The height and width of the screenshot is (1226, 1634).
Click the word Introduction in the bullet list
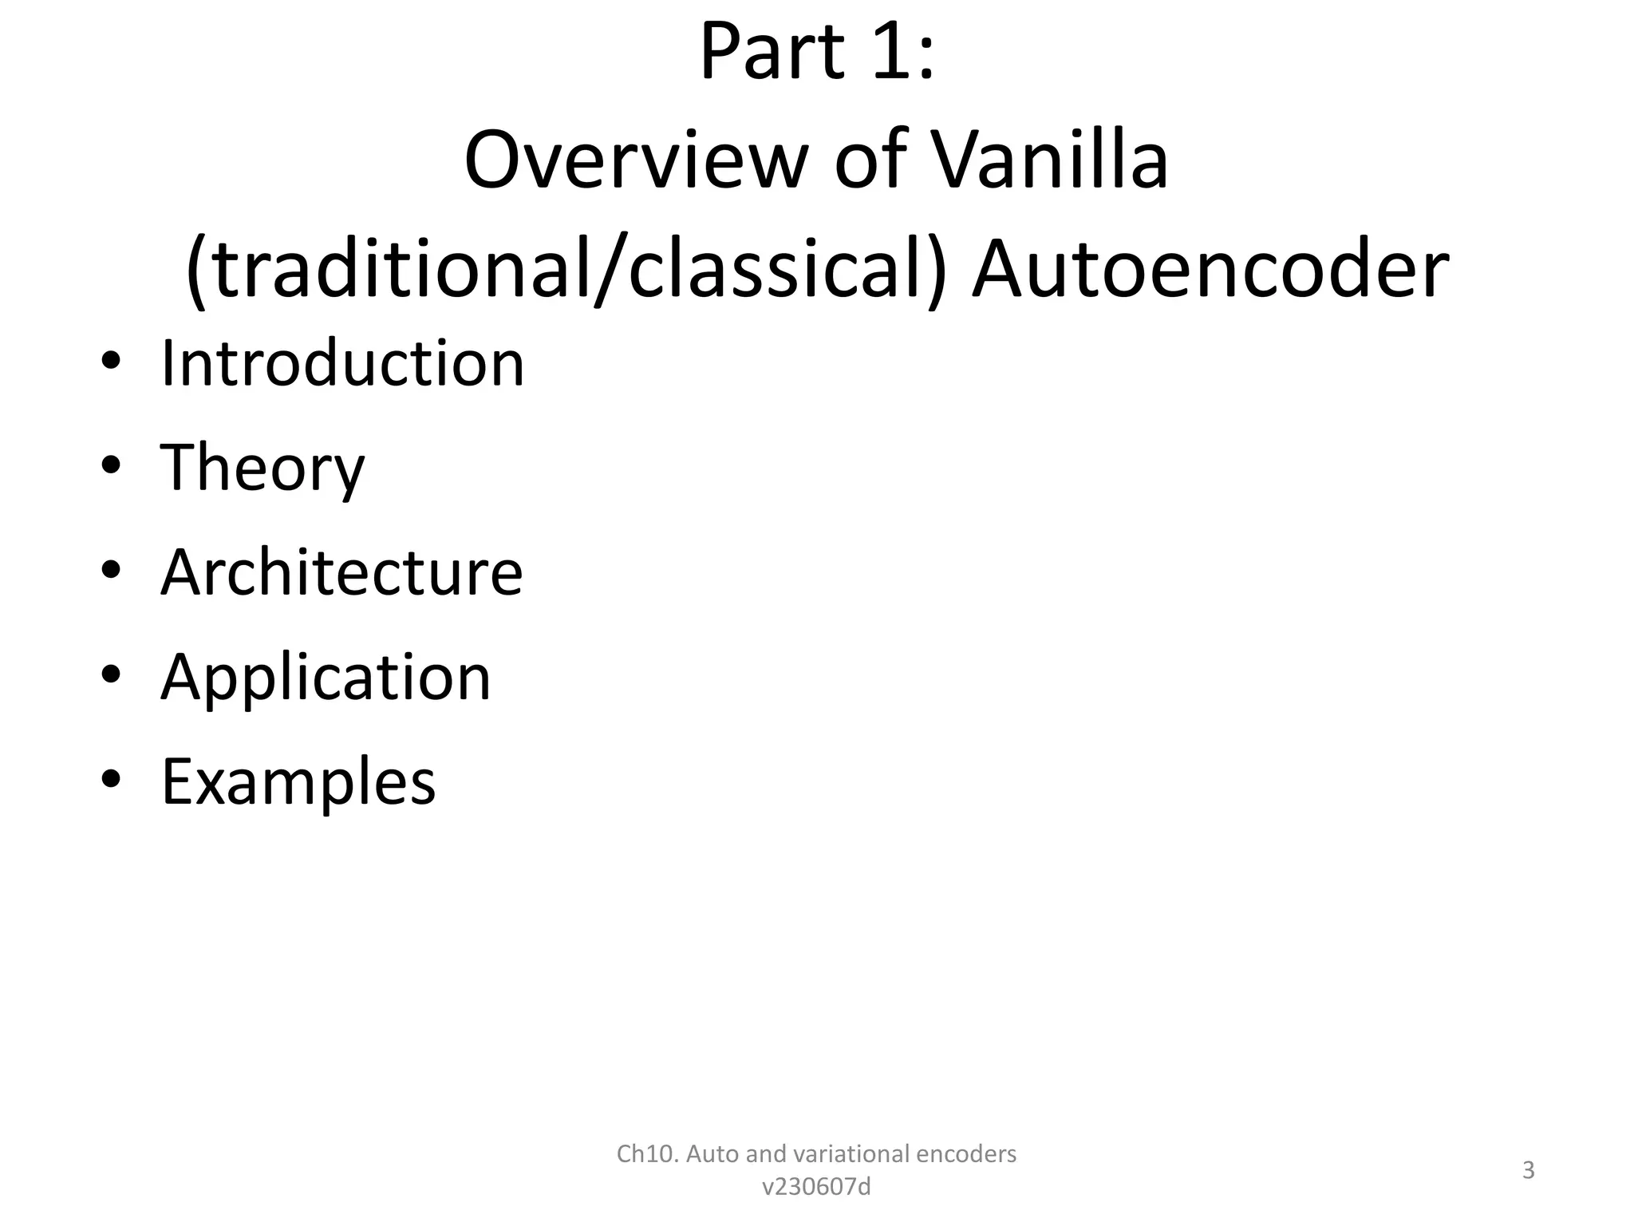pos(342,364)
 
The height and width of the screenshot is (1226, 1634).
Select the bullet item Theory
pos(262,469)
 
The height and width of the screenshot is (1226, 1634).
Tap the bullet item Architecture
pos(341,572)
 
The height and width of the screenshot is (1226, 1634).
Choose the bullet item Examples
pos(298,781)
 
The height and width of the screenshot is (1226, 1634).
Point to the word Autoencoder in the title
pos(1210,269)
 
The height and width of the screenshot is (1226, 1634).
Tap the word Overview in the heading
pos(636,160)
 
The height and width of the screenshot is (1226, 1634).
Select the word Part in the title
pos(771,53)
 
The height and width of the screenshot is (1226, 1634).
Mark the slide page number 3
pos(1528,1170)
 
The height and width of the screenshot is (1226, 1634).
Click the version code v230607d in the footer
pos(816,1187)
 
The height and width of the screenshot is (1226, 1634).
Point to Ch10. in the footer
pos(647,1153)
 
